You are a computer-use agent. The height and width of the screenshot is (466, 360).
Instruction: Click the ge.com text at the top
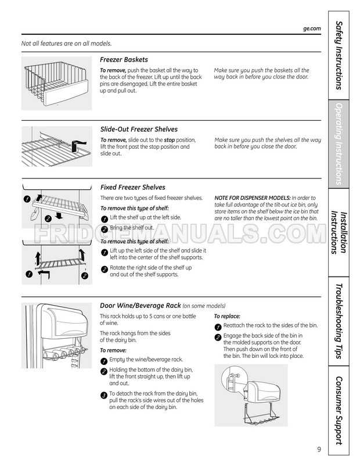click(312, 28)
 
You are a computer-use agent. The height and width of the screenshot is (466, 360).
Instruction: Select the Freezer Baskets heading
click(124, 59)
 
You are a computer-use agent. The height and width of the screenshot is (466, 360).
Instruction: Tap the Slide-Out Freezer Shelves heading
click(139, 129)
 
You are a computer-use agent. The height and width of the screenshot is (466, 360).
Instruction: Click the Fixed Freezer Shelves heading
click(132, 187)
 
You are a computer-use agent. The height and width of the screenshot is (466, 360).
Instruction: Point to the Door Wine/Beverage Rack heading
click(140, 305)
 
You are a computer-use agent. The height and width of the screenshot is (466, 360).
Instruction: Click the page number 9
click(319, 449)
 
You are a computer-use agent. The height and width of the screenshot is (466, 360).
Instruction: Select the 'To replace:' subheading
click(227, 316)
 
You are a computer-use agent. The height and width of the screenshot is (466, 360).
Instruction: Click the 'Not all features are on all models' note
click(66, 44)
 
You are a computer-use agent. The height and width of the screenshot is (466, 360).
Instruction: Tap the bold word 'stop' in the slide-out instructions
click(169, 140)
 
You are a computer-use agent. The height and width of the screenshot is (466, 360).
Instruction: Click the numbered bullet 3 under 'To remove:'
click(104, 395)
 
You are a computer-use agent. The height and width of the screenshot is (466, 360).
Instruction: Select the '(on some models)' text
click(204, 306)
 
